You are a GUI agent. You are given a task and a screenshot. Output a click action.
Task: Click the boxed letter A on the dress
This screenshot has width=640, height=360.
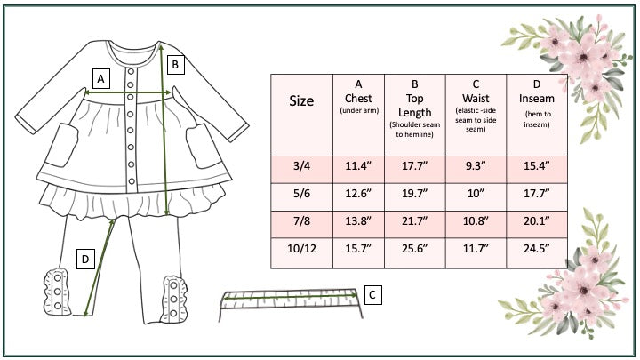(101, 78)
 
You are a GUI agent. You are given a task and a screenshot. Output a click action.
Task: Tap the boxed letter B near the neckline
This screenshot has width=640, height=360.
(175, 65)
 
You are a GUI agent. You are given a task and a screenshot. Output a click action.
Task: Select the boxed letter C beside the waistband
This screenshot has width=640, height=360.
(372, 295)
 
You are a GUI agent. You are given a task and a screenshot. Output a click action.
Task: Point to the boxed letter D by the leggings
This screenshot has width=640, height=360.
(85, 260)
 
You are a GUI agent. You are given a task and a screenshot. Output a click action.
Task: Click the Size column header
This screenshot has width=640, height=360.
(301, 100)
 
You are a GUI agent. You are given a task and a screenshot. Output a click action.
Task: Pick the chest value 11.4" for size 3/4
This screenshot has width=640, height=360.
(358, 165)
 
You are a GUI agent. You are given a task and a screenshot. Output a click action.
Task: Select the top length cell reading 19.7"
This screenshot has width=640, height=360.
(415, 193)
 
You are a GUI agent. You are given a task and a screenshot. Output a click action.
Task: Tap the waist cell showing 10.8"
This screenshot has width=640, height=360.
(476, 220)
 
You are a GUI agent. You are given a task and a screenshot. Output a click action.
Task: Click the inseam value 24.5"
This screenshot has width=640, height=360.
(537, 248)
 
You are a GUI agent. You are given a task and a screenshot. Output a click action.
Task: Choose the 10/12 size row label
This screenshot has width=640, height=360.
(301, 248)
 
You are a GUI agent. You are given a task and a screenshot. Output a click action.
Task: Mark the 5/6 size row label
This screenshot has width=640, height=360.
(301, 193)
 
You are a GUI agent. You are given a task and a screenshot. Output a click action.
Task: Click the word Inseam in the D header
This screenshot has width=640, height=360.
(537, 99)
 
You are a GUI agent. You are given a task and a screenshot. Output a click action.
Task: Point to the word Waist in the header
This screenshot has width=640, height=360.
(476, 99)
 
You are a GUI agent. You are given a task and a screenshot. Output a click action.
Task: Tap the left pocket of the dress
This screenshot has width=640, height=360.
(61, 145)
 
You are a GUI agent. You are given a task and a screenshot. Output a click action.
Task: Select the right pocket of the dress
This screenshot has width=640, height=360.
(203, 146)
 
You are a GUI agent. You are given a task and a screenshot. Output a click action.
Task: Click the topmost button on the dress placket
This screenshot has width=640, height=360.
(131, 72)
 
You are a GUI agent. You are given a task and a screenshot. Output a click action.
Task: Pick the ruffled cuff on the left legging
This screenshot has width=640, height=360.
(56, 292)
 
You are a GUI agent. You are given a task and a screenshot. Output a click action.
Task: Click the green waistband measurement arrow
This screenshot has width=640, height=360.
(289, 296)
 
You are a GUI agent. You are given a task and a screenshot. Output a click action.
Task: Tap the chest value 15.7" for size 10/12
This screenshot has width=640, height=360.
(358, 248)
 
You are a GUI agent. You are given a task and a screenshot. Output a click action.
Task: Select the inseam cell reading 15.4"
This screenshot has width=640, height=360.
(537, 165)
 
